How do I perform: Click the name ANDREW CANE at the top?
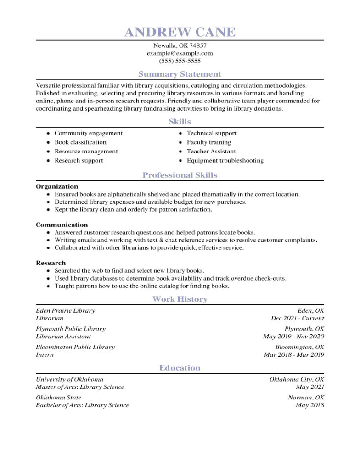(180, 32)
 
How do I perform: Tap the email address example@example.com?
(180, 53)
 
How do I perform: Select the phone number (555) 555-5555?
(180, 61)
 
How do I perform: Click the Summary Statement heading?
(180, 74)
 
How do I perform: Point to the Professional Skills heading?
(180, 175)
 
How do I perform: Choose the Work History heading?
(180, 299)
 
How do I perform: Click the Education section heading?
(180, 368)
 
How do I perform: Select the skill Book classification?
(80, 142)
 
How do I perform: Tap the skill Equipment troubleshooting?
(225, 161)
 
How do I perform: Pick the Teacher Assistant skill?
(211, 152)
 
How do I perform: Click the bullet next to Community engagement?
(48, 134)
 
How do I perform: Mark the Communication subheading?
(62, 225)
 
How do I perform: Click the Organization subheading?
(57, 187)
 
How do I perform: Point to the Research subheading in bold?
(51, 263)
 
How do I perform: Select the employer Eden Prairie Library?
(66, 311)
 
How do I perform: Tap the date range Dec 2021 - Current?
(298, 318)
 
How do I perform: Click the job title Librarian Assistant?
(60, 337)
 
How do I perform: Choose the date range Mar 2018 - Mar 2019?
(294, 355)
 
